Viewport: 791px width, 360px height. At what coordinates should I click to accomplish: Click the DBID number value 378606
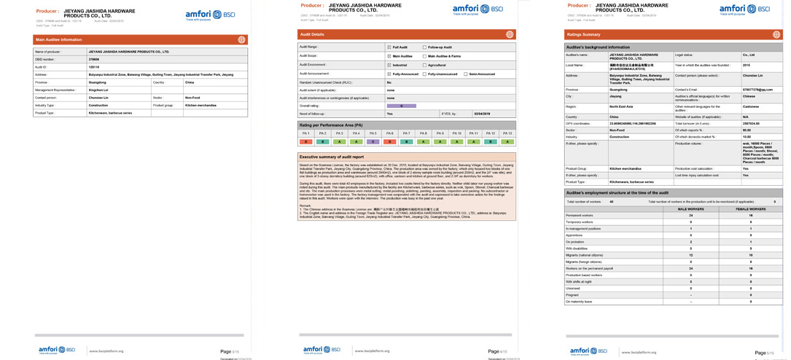pyautogui.click(x=94, y=60)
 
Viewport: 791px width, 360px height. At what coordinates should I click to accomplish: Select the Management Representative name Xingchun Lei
pyautogui.click(x=98, y=90)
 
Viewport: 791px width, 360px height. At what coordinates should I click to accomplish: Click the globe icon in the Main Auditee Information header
pyautogui.click(x=242, y=39)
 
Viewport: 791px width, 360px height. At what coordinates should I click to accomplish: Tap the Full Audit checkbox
pyautogui.click(x=389, y=47)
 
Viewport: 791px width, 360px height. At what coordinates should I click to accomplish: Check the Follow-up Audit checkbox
pyautogui.click(x=424, y=47)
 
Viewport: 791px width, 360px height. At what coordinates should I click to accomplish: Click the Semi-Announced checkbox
pyautogui.click(x=465, y=74)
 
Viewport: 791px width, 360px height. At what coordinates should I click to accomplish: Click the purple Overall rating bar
pyautogui.click(x=401, y=106)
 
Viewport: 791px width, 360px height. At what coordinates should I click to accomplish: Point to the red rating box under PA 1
pyautogui.click(x=305, y=141)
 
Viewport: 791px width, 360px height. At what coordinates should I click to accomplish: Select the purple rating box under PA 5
pyautogui.click(x=373, y=141)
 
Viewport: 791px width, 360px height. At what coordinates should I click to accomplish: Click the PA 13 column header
pyautogui.click(x=507, y=133)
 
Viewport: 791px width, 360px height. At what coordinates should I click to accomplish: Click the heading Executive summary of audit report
pyautogui.click(x=332, y=157)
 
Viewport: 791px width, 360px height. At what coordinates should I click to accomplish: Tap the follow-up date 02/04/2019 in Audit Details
pyautogui.click(x=482, y=114)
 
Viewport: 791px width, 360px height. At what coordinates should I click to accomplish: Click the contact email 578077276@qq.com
pyautogui.click(x=757, y=90)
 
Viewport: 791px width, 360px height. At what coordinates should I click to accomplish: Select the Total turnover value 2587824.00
pyautogui.click(x=752, y=123)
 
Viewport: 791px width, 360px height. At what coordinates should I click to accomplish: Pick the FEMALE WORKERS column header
pyautogui.click(x=750, y=209)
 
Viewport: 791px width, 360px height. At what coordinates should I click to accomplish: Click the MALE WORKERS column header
pyautogui.click(x=690, y=209)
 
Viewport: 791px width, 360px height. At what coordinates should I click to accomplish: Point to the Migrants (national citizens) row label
pyautogui.click(x=585, y=255)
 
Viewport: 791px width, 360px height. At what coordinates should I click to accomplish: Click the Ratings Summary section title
pyautogui.click(x=583, y=34)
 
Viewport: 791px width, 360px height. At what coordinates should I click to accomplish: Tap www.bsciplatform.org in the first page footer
pyautogui.click(x=106, y=351)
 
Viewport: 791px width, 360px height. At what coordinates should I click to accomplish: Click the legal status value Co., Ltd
pyautogui.click(x=749, y=55)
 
